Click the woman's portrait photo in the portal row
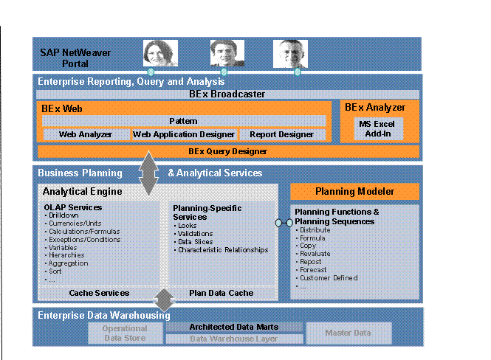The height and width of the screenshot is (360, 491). pos(156,54)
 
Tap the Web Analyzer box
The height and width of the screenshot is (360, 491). pos(85,134)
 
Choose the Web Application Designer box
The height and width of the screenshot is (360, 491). pos(184,134)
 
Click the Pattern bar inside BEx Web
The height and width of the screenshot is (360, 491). pos(183,120)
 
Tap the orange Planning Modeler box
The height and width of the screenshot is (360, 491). pos(355,192)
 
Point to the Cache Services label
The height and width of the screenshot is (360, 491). pos(99,293)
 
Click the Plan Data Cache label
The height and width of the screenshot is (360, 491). pos(222,293)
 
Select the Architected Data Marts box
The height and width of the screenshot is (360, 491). pos(233,327)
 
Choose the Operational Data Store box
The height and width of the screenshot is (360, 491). pos(125,333)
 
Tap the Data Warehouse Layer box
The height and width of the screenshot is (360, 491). pos(233,339)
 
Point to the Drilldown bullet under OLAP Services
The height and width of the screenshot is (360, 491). pos(66,215)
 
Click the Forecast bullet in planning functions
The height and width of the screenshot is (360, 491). pos(316,269)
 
